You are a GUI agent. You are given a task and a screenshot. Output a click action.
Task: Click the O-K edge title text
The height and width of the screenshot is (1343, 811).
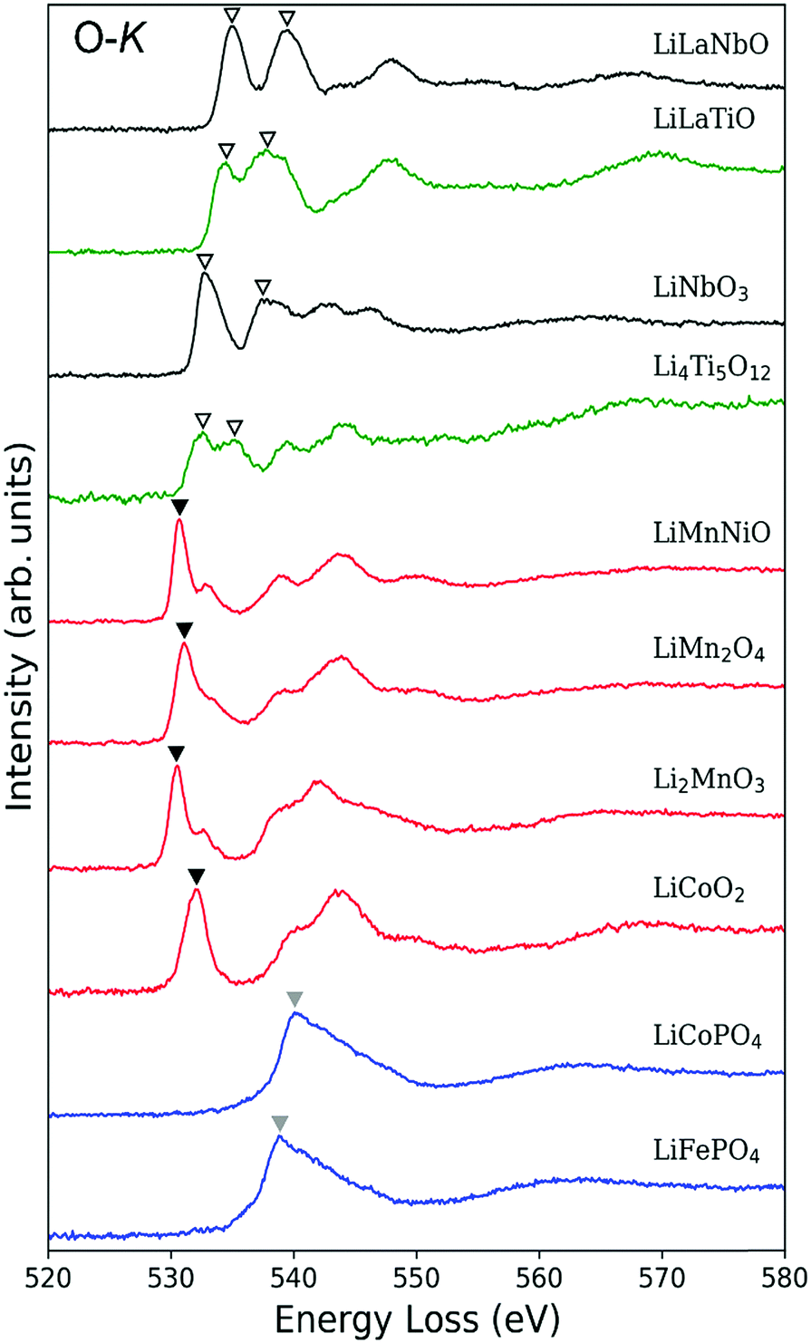[x=108, y=40]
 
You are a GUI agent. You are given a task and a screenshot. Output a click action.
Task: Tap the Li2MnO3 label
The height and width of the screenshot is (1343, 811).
[x=710, y=780]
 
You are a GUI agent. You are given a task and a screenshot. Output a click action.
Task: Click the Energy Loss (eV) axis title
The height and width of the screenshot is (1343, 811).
[x=416, y=1316]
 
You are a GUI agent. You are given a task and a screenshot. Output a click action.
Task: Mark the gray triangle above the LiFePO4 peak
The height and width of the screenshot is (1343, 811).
[x=280, y=1124]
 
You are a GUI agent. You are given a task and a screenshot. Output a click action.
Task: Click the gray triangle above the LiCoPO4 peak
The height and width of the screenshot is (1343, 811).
[x=294, y=999]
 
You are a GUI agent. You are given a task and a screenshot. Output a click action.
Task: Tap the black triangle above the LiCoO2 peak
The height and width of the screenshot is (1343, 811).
[x=197, y=876]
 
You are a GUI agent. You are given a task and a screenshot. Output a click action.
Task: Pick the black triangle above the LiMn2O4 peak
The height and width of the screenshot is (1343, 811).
[x=185, y=630]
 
